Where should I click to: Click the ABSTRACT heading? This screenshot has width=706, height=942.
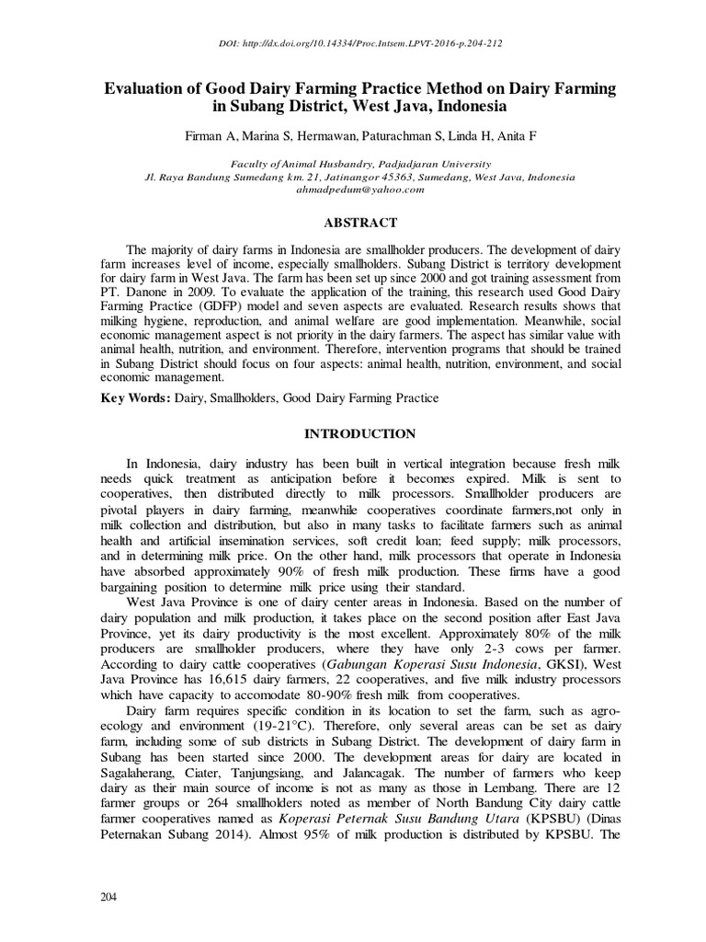pyautogui.click(x=353, y=223)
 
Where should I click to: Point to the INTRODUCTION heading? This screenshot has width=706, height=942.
pyautogui.click(x=352, y=433)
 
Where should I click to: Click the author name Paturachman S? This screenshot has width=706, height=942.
pyautogui.click(x=406, y=134)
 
